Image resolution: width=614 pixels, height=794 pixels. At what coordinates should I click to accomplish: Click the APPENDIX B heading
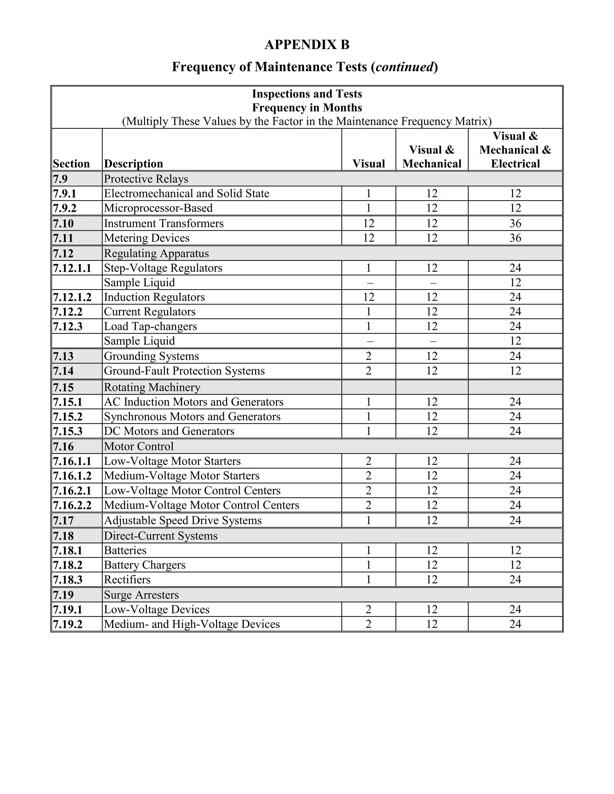[x=307, y=45]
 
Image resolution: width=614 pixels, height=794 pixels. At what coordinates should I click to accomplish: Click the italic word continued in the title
[x=404, y=67]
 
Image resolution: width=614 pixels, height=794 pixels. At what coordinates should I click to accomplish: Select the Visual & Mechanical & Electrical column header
[x=515, y=150]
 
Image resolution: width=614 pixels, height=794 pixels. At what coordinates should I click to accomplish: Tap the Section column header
[x=71, y=164]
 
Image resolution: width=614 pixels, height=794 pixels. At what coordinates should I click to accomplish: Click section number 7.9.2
[x=64, y=208]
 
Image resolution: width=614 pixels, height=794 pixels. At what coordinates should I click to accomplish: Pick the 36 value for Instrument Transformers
[x=515, y=223]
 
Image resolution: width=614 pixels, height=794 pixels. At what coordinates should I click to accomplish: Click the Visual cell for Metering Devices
[x=368, y=238]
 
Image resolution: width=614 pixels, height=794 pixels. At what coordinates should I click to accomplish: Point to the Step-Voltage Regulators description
[x=163, y=268]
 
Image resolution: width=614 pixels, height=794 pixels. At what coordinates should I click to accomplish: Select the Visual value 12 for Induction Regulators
[x=368, y=297]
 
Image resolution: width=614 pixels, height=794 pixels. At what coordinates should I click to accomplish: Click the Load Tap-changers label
[x=150, y=327]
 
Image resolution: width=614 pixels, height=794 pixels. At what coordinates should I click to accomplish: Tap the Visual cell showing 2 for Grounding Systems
[x=368, y=356]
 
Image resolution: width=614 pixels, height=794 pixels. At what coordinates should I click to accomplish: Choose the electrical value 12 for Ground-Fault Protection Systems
[x=515, y=371]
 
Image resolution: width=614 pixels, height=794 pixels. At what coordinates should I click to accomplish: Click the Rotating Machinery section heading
[x=152, y=387]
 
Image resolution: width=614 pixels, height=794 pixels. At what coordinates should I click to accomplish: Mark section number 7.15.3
[x=68, y=431]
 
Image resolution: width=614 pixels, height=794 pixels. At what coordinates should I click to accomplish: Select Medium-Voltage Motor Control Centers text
[x=201, y=505]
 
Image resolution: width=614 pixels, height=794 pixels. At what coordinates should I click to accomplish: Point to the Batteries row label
[x=125, y=550]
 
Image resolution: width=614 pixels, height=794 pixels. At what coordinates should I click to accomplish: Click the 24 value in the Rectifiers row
[x=515, y=579]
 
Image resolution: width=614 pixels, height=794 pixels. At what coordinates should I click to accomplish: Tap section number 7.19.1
[x=68, y=610]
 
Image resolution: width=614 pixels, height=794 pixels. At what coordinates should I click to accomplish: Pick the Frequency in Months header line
[x=307, y=108]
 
